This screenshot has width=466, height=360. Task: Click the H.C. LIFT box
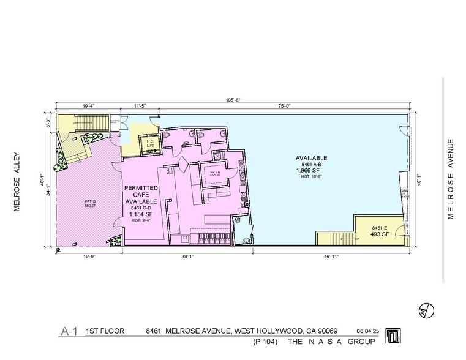click(150, 144)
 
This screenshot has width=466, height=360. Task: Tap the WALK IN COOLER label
click(216, 173)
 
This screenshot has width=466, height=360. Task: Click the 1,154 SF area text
click(141, 214)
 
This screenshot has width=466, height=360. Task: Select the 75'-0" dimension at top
click(284, 107)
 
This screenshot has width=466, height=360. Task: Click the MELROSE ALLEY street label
click(18, 182)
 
